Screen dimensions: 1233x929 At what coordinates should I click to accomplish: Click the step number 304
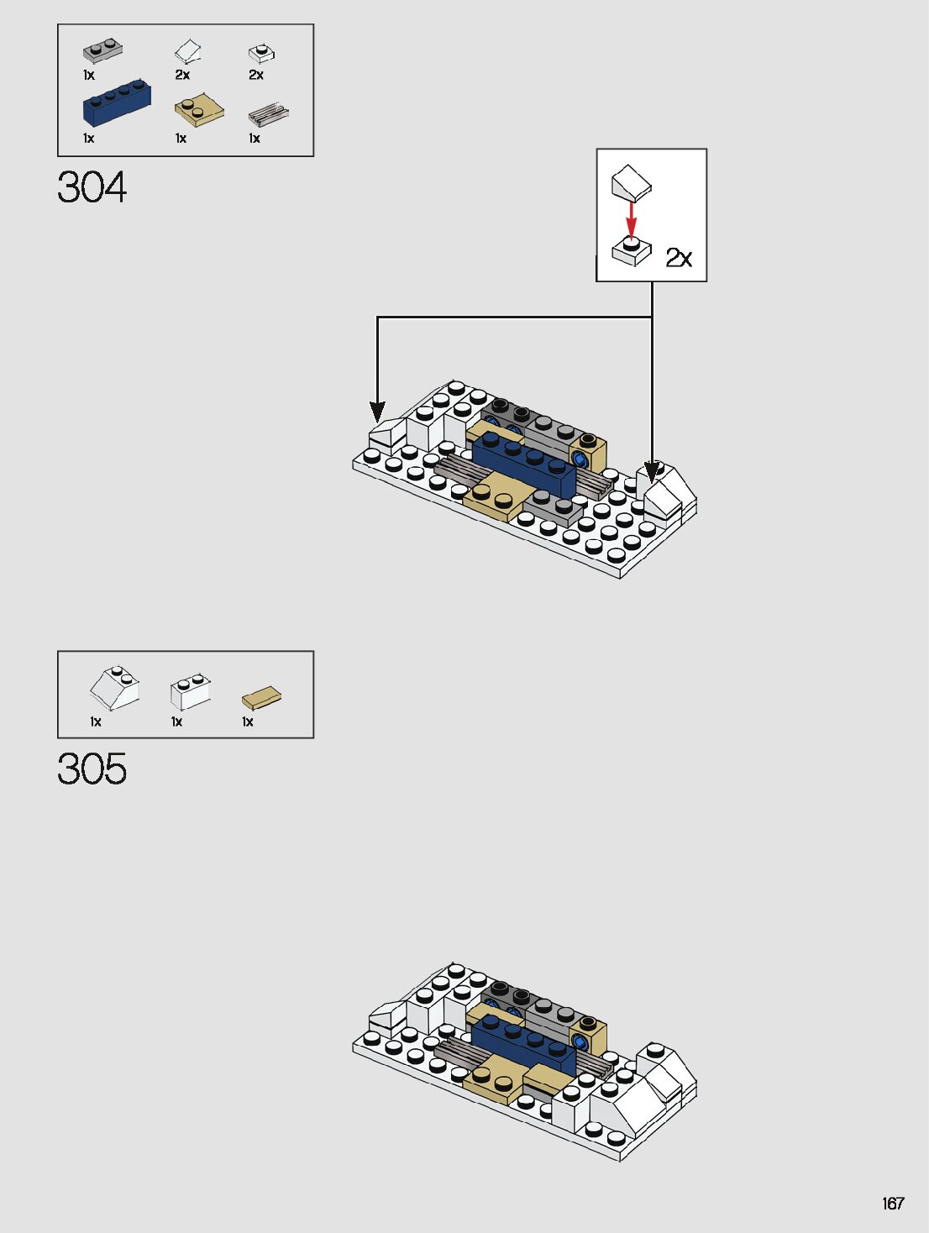[x=92, y=186]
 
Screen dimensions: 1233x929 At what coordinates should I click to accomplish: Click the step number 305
[x=92, y=769]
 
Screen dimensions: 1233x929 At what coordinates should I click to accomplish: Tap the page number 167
[x=893, y=1204]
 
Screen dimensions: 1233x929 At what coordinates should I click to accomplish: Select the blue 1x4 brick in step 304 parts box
[x=117, y=104]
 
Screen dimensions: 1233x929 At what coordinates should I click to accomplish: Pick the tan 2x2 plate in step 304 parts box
[x=199, y=109]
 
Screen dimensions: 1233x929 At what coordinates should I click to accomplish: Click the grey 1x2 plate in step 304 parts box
[x=103, y=50]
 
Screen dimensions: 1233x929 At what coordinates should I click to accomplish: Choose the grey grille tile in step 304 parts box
[x=269, y=113]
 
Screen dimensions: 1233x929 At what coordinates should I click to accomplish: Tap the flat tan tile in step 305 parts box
[x=261, y=697]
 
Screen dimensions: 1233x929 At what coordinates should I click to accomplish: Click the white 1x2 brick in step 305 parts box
[x=191, y=690]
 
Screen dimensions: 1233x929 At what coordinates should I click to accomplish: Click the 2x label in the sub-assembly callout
[x=679, y=257]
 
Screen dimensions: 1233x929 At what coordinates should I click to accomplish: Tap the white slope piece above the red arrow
[x=631, y=181]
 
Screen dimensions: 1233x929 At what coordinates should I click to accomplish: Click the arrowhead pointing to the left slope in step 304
[x=378, y=412]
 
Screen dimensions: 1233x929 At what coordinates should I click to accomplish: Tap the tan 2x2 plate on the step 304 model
[x=496, y=496]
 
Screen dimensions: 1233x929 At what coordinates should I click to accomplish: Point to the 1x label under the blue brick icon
[x=88, y=139]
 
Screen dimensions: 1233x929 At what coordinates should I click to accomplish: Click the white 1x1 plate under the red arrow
[x=631, y=250]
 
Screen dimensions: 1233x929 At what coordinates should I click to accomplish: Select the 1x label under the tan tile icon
[x=248, y=721]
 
